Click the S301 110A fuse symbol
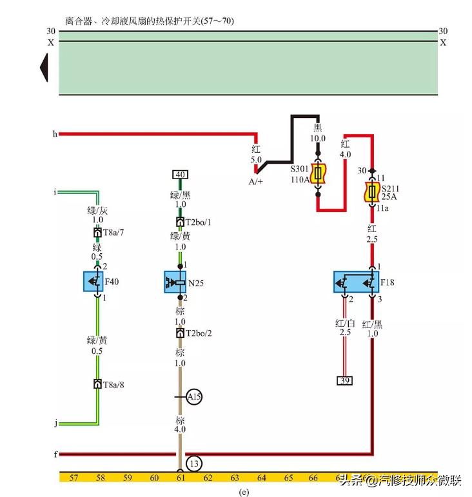[318, 173]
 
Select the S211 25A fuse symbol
[371, 191]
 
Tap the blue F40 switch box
[97, 282]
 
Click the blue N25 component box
[179, 282]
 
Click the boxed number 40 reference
[180, 174]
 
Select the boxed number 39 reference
[345, 380]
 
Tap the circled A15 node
[194, 397]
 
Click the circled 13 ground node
[194, 463]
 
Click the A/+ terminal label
[256, 182]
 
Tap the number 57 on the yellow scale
[74, 478]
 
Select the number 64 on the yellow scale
[261, 478]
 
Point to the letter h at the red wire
[55, 134]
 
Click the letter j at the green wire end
[55, 424]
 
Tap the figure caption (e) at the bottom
[243, 492]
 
